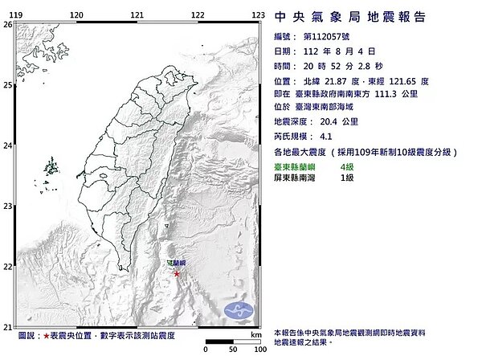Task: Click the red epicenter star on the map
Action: (x=177, y=275)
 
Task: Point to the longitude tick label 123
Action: (x=259, y=15)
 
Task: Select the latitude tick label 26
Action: (x=6, y=25)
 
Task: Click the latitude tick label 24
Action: (x=6, y=145)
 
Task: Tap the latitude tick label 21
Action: (x=6, y=326)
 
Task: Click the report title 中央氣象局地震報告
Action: (x=350, y=17)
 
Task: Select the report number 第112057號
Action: (x=330, y=37)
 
